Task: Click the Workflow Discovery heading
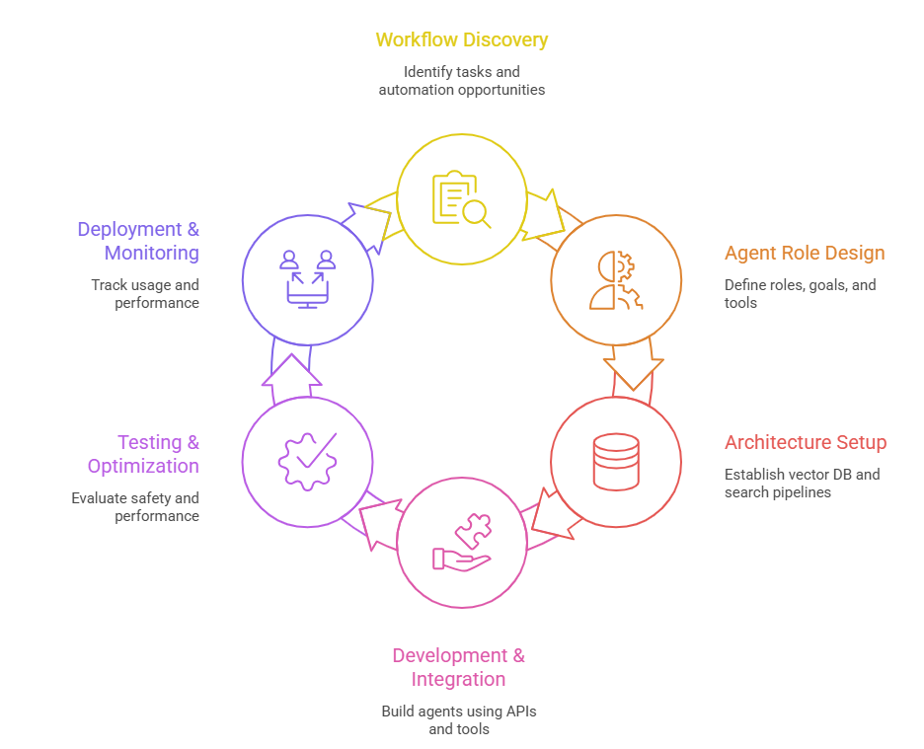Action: coord(461,40)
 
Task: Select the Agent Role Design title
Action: coord(804,254)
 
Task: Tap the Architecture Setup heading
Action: coord(805,442)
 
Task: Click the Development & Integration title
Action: coord(459,667)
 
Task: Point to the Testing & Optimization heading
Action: coord(143,454)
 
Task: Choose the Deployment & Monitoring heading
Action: coord(138,241)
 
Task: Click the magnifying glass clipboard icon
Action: coord(461,200)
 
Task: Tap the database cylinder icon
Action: coord(615,462)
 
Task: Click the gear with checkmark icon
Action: coord(307,462)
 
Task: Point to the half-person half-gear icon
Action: coord(615,280)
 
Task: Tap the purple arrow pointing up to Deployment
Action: coord(291,371)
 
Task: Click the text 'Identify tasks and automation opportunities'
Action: coord(461,81)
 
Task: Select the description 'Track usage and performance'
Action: coord(145,294)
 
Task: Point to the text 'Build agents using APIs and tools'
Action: coord(459,719)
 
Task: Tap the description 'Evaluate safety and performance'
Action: coord(135,507)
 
